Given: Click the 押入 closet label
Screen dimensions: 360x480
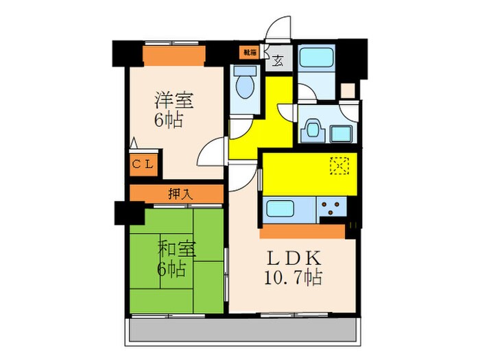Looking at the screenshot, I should point(180,195).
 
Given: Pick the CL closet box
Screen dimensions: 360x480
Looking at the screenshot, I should point(143,164).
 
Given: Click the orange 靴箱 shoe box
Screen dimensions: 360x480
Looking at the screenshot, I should point(248,51).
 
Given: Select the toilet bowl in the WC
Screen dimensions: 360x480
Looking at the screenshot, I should point(243,86).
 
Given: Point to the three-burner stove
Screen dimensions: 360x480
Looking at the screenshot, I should point(330,206).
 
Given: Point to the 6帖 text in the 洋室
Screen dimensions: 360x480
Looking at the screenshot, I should point(168,121).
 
